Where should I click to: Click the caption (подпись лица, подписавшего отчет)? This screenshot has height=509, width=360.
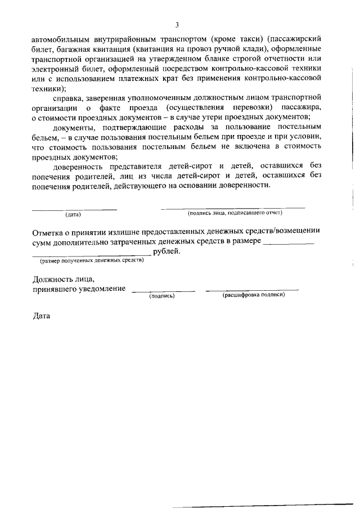(x=235, y=213)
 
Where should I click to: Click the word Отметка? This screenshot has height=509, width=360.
(x=49, y=231)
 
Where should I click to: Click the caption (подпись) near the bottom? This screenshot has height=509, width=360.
(x=162, y=296)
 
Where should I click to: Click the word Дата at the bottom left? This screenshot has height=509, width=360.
(x=42, y=316)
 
